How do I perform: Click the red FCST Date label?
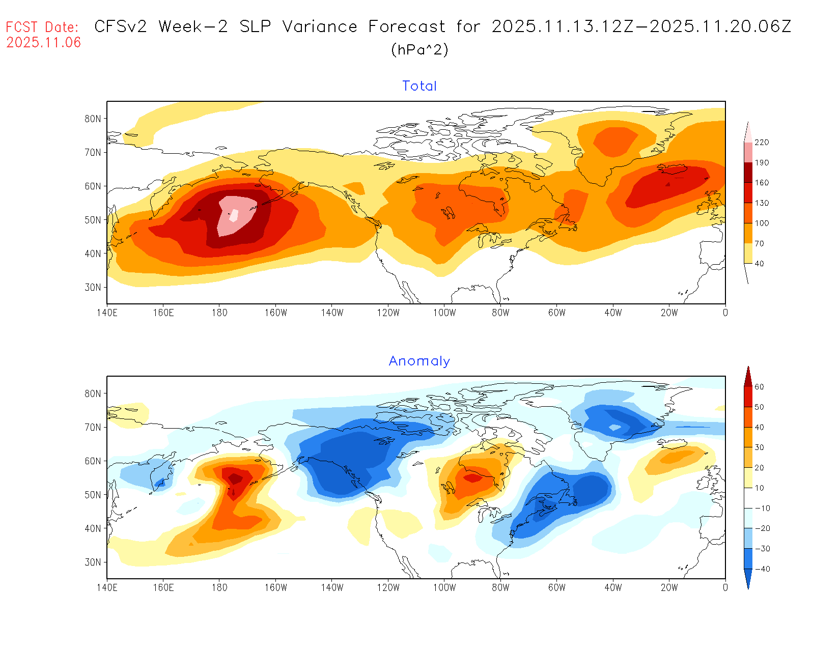(x=42, y=27)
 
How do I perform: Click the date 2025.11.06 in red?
(x=44, y=43)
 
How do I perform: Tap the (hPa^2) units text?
(x=419, y=49)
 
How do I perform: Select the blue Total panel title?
(x=419, y=86)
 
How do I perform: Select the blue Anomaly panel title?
(x=419, y=361)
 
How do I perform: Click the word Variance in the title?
(x=320, y=26)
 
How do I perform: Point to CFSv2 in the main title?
(x=121, y=26)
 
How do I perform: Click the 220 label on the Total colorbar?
(x=762, y=143)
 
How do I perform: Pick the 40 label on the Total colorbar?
(x=759, y=264)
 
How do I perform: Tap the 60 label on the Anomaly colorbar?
(x=759, y=387)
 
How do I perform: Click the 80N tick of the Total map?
(x=93, y=119)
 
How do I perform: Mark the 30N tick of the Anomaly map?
(x=93, y=562)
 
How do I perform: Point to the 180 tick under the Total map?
(x=219, y=313)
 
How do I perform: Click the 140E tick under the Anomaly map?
(x=107, y=587)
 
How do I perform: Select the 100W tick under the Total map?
(x=444, y=313)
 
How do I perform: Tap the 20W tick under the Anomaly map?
(x=669, y=587)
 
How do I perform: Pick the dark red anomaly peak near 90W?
(x=473, y=478)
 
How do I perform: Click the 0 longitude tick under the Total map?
(x=725, y=313)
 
